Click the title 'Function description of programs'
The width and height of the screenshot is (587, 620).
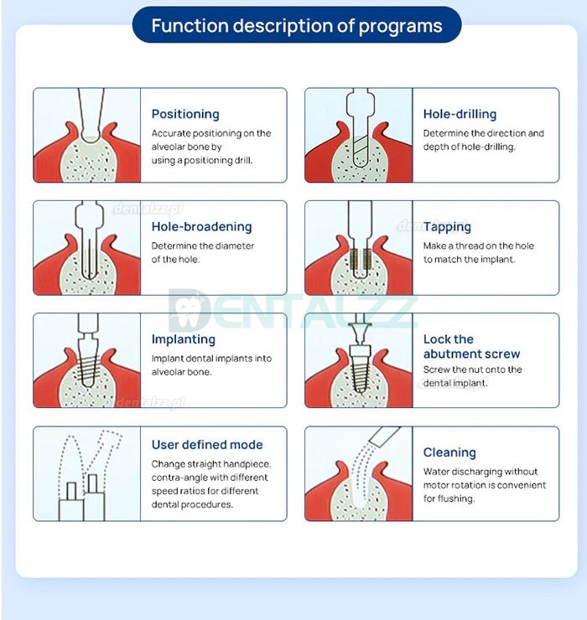[297, 25]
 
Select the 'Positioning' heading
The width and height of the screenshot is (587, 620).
[185, 114]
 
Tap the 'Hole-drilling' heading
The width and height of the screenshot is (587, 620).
[460, 114]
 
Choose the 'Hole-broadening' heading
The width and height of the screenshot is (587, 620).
[201, 226]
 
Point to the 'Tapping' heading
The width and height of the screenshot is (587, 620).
[447, 226]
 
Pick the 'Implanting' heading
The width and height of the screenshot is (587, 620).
[184, 339]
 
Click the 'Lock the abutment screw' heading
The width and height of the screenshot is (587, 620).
[471, 347]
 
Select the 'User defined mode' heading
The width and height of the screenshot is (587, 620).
[207, 445]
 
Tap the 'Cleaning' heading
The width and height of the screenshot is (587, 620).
[449, 452]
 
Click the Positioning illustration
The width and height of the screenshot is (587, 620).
[86, 135]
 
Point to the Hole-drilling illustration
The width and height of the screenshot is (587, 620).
[358, 135]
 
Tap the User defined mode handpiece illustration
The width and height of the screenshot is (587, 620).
[86, 473]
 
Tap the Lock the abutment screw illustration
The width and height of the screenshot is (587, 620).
[358, 360]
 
